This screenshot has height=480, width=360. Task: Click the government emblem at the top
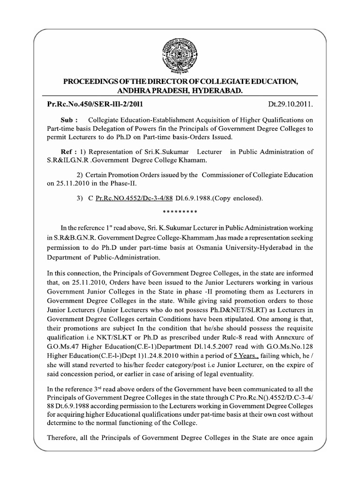tap(180, 52)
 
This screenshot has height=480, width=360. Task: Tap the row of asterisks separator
tap(180, 212)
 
